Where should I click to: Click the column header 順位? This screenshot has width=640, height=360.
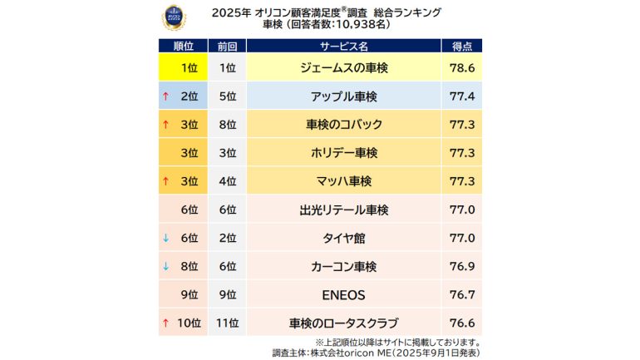[x=183, y=47]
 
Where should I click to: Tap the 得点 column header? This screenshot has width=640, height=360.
[x=462, y=47]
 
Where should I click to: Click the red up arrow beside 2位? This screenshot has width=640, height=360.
[x=166, y=97]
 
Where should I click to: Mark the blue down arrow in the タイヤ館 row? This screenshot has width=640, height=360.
[x=166, y=238]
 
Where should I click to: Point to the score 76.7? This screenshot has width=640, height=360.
[x=462, y=294]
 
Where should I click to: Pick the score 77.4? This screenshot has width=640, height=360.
[x=462, y=97]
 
